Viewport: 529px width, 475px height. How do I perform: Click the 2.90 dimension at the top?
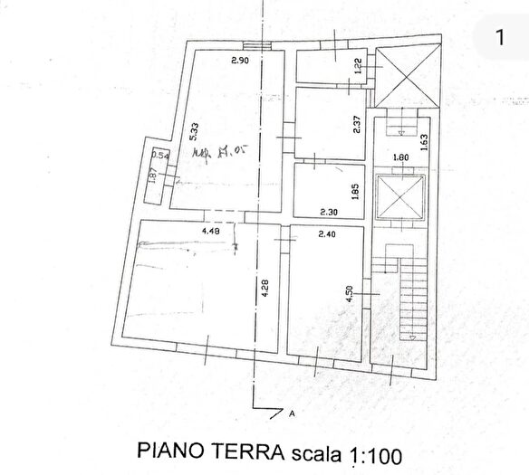pyautogui.click(x=238, y=61)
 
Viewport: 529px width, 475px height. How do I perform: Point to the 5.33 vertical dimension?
pyautogui.click(x=192, y=130)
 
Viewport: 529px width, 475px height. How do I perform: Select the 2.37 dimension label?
pyautogui.click(x=357, y=123)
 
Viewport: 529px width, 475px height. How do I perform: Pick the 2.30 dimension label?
pyautogui.click(x=329, y=213)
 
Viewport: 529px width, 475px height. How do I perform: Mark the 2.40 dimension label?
pyautogui.click(x=327, y=233)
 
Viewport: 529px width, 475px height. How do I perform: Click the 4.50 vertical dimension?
pyautogui.click(x=348, y=296)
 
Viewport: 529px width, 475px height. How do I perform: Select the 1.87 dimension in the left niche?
pyautogui.click(x=153, y=175)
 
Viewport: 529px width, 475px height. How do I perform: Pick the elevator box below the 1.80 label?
pyautogui.click(x=399, y=196)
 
